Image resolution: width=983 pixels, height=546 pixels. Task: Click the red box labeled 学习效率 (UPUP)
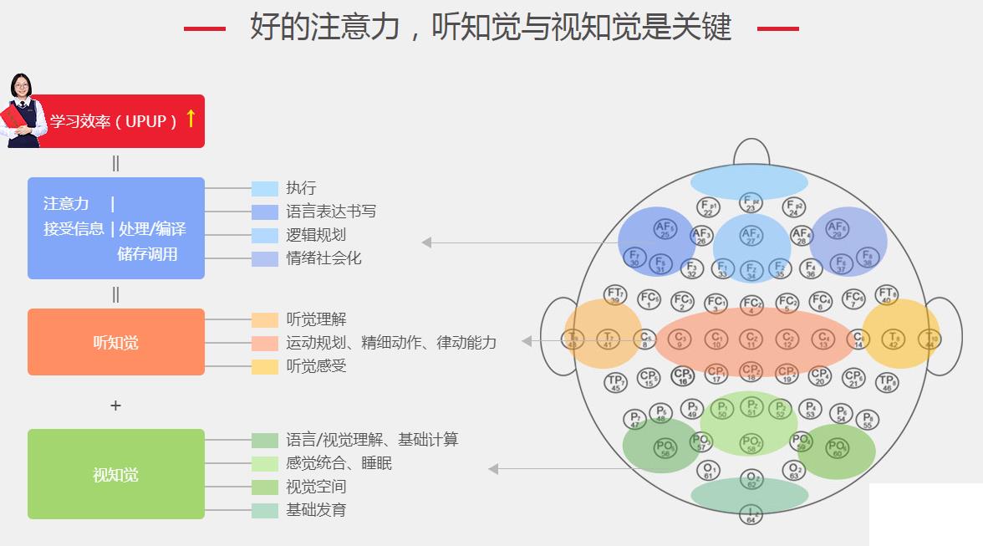tap(117, 121)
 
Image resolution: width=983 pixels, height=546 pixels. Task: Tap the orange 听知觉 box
tap(116, 342)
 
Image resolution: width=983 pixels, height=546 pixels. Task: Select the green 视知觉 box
tap(116, 474)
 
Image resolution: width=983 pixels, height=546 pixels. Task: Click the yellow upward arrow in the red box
tap(191, 119)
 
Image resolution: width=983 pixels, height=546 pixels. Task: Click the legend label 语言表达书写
tap(331, 212)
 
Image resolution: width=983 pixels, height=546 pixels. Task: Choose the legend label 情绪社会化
tap(323, 258)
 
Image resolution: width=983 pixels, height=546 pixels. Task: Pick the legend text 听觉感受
tap(316, 366)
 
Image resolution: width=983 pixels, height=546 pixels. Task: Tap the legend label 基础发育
tap(316, 510)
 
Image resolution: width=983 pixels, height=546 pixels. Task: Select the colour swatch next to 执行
tap(265, 188)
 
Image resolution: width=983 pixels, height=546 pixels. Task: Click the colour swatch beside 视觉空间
tap(265, 487)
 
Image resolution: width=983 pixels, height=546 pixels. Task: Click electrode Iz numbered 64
tap(751, 514)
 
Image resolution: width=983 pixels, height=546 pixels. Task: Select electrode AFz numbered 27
tap(751, 237)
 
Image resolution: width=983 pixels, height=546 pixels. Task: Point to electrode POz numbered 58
tap(751, 444)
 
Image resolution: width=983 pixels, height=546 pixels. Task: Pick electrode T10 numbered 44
tap(929, 339)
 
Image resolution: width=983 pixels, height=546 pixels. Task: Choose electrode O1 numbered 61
tap(707, 470)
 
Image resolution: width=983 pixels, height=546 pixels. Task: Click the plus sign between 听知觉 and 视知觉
tap(115, 406)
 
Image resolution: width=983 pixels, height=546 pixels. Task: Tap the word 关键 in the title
tap(702, 28)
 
